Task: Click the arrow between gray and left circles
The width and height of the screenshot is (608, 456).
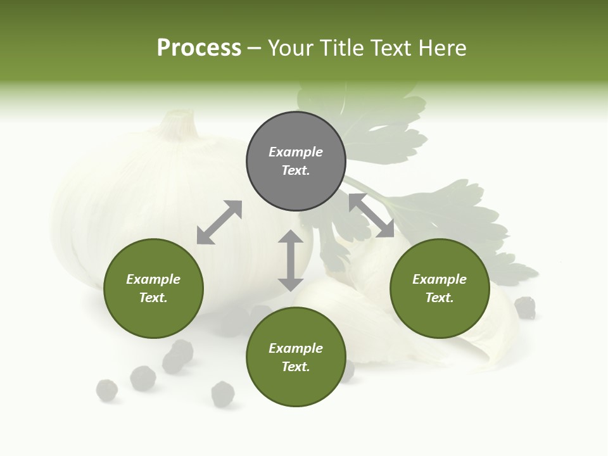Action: click(x=219, y=222)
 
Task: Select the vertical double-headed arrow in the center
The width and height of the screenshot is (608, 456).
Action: click(x=291, y=260)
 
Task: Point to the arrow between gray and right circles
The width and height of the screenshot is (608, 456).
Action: click(x=371, y=215)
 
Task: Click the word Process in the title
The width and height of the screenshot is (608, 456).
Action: click(x=199, y=47)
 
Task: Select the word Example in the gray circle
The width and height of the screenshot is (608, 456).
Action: click(x=296, y=152)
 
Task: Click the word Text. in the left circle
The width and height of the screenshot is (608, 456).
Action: click(x=153, y=298)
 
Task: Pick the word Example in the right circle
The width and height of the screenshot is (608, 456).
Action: click(x=440, y=279)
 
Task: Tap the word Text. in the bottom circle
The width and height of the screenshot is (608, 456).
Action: click(x=296, y=367)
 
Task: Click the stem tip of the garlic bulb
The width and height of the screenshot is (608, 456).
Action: click(x=182, y=115)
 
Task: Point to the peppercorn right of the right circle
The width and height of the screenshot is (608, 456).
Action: click(x=525, y=307)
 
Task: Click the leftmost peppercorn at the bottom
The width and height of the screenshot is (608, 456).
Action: click(x=106, y=390)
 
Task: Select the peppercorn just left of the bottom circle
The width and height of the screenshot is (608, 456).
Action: click(x=223, y=394)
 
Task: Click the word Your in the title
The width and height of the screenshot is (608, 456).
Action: click(x=288, y=47)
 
